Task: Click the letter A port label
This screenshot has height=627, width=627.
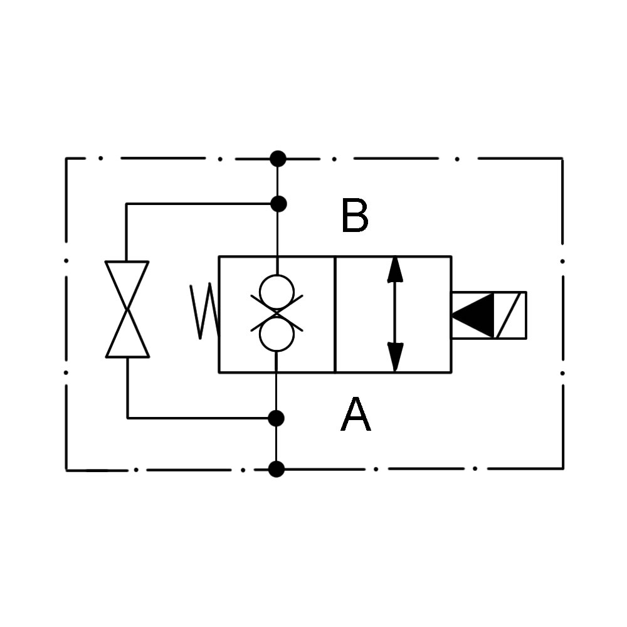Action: tap(356, 414)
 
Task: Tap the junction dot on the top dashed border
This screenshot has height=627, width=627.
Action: tap(278, 159)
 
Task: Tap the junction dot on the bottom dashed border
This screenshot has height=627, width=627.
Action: tap(277, 469)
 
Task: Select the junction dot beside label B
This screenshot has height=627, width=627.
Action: tap(278, 204)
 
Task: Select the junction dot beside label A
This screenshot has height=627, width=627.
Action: tap(276, 418)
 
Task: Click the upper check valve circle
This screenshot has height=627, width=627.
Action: tap(277, 292)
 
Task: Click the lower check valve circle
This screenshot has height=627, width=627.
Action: tap(277, 334)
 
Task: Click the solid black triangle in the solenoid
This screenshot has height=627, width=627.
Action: tap(473, 315)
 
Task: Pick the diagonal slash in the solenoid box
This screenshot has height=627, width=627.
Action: tap(508, 315)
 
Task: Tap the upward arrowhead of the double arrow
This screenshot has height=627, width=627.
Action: tap(394, 270)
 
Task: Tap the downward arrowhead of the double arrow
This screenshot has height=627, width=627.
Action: tap(395, 357)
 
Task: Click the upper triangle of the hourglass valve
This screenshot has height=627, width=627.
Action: tap(127, 285)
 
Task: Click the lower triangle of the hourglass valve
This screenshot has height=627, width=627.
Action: tap(127, 334)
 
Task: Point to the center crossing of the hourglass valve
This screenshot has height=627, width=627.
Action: tap(127, 310)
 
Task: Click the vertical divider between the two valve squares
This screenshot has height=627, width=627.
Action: tap(335, 314)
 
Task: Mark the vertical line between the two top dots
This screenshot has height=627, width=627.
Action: tap(278, 182)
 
